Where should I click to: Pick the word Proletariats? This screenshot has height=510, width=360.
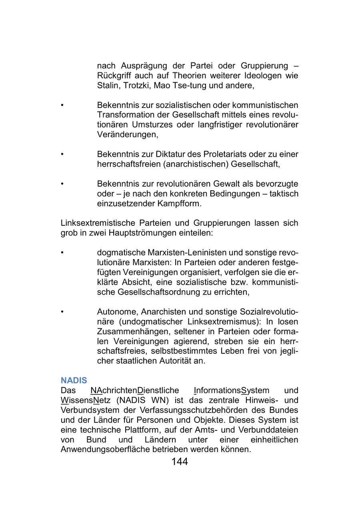pyautogui.click(x=225, y=154)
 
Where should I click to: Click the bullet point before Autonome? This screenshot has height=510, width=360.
pyautogui.click(x=62, y=312)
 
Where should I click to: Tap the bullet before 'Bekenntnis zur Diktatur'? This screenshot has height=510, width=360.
pyautogui.click(x=62, y=154)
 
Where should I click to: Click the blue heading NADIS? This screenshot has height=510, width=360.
pyautogui.click(x=74, y=381)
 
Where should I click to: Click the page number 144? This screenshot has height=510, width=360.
pyautogui.click(x=180, y=462)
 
